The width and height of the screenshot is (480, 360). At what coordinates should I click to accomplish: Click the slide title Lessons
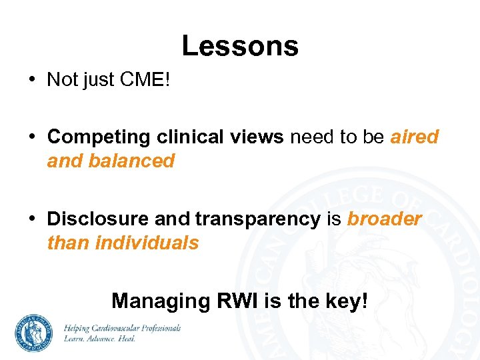[240, 46]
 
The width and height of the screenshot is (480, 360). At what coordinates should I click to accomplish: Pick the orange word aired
[414, 137]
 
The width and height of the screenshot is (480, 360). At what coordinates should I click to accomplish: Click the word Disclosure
[98, 219]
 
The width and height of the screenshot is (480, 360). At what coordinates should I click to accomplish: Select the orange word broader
[384, 219]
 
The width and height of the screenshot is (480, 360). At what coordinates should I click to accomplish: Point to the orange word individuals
[147, 243]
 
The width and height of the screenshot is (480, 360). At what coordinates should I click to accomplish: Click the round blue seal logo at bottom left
[35, 333]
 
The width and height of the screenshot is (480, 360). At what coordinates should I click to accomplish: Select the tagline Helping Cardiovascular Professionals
[122, 328]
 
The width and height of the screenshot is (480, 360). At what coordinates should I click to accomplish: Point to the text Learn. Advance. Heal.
[99, 339]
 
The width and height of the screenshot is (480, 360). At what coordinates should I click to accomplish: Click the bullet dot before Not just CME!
[32, 80]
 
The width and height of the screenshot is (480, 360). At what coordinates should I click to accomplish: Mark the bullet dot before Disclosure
[32, 219]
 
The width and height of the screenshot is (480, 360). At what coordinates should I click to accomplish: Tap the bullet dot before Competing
[32, 137]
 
